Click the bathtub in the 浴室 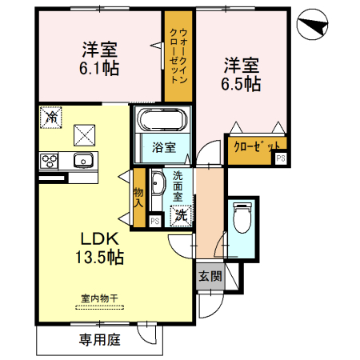[163, 121]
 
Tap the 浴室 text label [165, 147]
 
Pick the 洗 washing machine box [181, 214]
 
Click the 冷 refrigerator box [50, 115]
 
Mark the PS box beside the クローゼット [280, 158]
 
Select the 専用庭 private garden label [99, 340]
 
